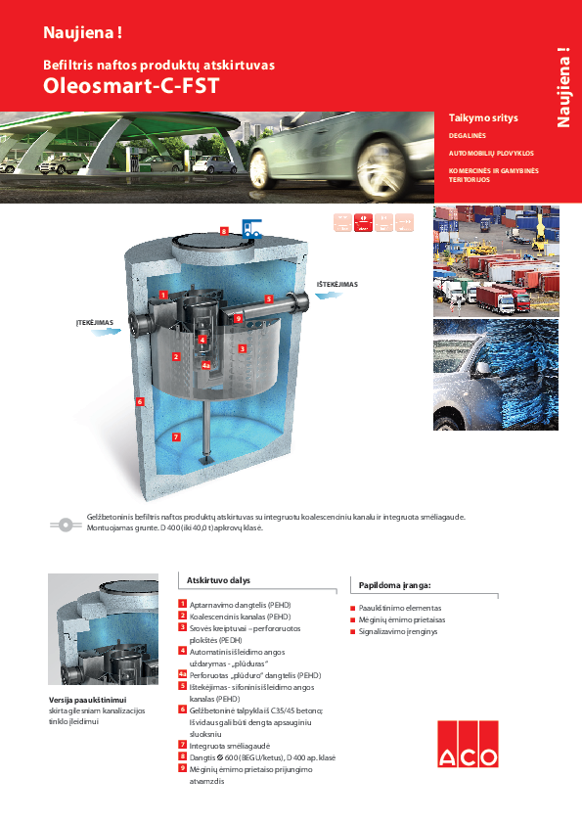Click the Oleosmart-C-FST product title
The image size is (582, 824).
(x=130, y=85)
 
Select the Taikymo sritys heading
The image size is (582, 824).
(x=482, y=117)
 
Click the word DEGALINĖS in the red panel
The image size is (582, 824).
(x=468, y=136)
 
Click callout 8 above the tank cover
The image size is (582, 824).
(x=224, y=231)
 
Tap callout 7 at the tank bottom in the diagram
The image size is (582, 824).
(x=176, y=436)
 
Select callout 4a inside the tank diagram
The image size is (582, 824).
(x=206, y=365)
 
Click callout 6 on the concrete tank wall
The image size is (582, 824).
(x=141, y=401)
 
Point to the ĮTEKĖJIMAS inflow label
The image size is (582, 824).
(x=96, y=322)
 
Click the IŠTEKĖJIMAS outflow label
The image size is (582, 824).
(x=336, y=285)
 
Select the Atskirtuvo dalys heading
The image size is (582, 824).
(x=218, y=580)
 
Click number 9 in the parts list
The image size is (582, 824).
(x=183, y=768)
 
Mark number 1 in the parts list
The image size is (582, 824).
(x=183, y=604)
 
